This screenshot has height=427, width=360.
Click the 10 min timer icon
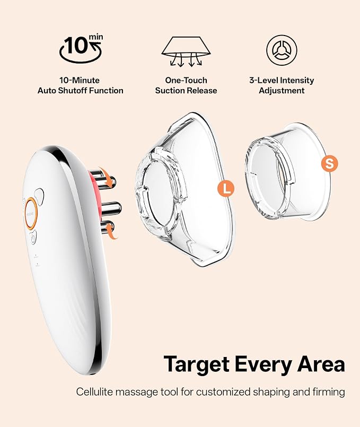tap(81, 49)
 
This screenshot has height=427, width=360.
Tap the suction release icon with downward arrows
tap(186, 51)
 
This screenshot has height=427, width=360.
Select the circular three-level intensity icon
tap(282, 50)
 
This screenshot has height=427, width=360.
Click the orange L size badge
tap(226, 188)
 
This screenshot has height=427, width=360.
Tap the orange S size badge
tap(329, 164)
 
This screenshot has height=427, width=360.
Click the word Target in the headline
tap(197, 364)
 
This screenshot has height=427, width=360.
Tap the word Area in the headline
tap(321, 364)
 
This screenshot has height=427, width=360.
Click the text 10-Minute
tap(80, 80)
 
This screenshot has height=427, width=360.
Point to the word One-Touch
tap(186, 80)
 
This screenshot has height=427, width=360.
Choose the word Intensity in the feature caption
tap(297, 80)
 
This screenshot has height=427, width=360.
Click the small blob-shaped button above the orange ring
tap(39, 196)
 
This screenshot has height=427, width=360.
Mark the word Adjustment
tap(282, 91)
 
